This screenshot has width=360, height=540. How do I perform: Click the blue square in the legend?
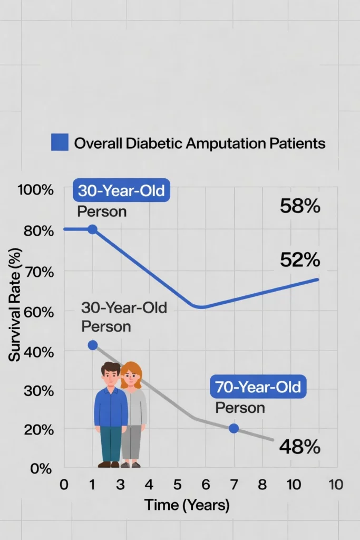pyautogui.click(x=60, y=142)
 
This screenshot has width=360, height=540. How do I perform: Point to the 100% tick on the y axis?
pyautogui.click(x=36, y=190)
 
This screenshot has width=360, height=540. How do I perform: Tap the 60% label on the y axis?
pyautogui.click(x=37, y=311)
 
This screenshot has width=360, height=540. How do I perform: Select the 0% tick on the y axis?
pyautogui.click(x=41, y=468)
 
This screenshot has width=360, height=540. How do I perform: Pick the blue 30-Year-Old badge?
pyautogui.click(x=121, y=191)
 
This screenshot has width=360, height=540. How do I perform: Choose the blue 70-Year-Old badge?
pyautogui.click(x=258, y=388)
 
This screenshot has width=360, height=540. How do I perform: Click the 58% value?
pyautogui.click(x=299, y=206)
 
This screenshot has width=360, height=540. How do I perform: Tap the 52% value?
pyautogui.click(x=299, y=259)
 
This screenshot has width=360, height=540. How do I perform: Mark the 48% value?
pyautogui.click(x=299, y=447)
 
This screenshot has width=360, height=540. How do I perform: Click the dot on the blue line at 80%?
pyautogui.click(x=92, y=229)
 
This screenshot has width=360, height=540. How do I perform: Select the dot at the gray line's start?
pyautogui.click(x=93, y=345)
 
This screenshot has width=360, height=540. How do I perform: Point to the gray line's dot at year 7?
pyautogui.click(x=234, y=428)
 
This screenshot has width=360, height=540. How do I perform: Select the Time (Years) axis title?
pyautogui.click(x=187, y=505)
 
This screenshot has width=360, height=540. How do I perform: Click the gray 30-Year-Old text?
pyautogui.click(x=124, y=307)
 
